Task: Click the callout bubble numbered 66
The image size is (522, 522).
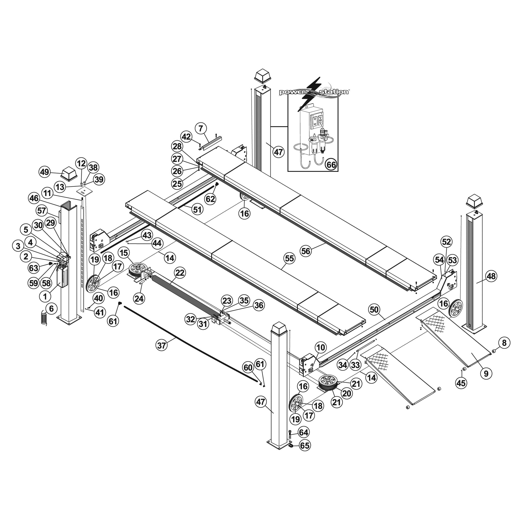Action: click(331, 165)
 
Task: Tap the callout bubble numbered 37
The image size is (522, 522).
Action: click(162, 345)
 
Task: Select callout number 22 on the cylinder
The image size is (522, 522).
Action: click(180, 273)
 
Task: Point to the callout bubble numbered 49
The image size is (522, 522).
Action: click(45, 172)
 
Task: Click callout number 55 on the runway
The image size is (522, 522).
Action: click(289, 258)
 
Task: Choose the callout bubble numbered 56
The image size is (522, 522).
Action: click(306, 251)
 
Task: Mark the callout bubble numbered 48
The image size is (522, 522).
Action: click(491, 276)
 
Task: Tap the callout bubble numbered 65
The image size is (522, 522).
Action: click(305, 446)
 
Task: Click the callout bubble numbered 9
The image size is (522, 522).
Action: click(486, 374)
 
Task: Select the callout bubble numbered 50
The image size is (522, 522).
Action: click(374, 310)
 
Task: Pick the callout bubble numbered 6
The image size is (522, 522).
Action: click(51, 308)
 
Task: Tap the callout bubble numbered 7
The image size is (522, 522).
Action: click(201, 129)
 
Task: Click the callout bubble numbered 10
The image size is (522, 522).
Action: click(321, 347)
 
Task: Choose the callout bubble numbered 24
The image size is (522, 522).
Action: click(139, 298)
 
